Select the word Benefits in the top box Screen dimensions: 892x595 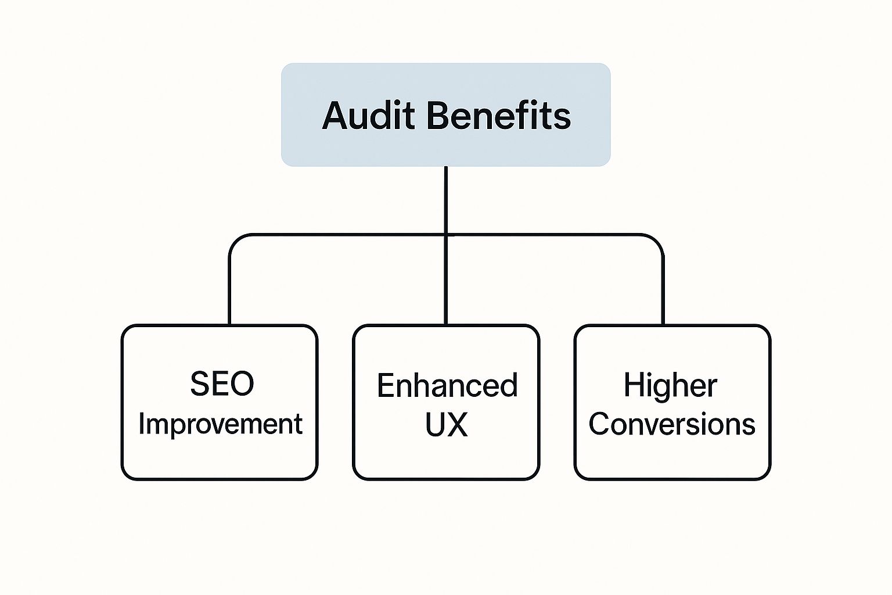(499, 116)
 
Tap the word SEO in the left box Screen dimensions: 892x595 (222, 383)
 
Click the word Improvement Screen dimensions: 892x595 (220, 424)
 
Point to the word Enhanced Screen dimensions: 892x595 (447, 385)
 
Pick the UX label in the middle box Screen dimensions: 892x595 (447, 425)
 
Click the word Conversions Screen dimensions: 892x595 (672, 424)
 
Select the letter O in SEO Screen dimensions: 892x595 (242, 383)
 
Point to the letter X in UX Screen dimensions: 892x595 (457, 425)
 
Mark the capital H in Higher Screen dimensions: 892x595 (634, 385)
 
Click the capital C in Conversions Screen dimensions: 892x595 (600, 424)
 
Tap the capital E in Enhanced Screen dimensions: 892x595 (386, 385)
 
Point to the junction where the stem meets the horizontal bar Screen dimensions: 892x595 (446, 235)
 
